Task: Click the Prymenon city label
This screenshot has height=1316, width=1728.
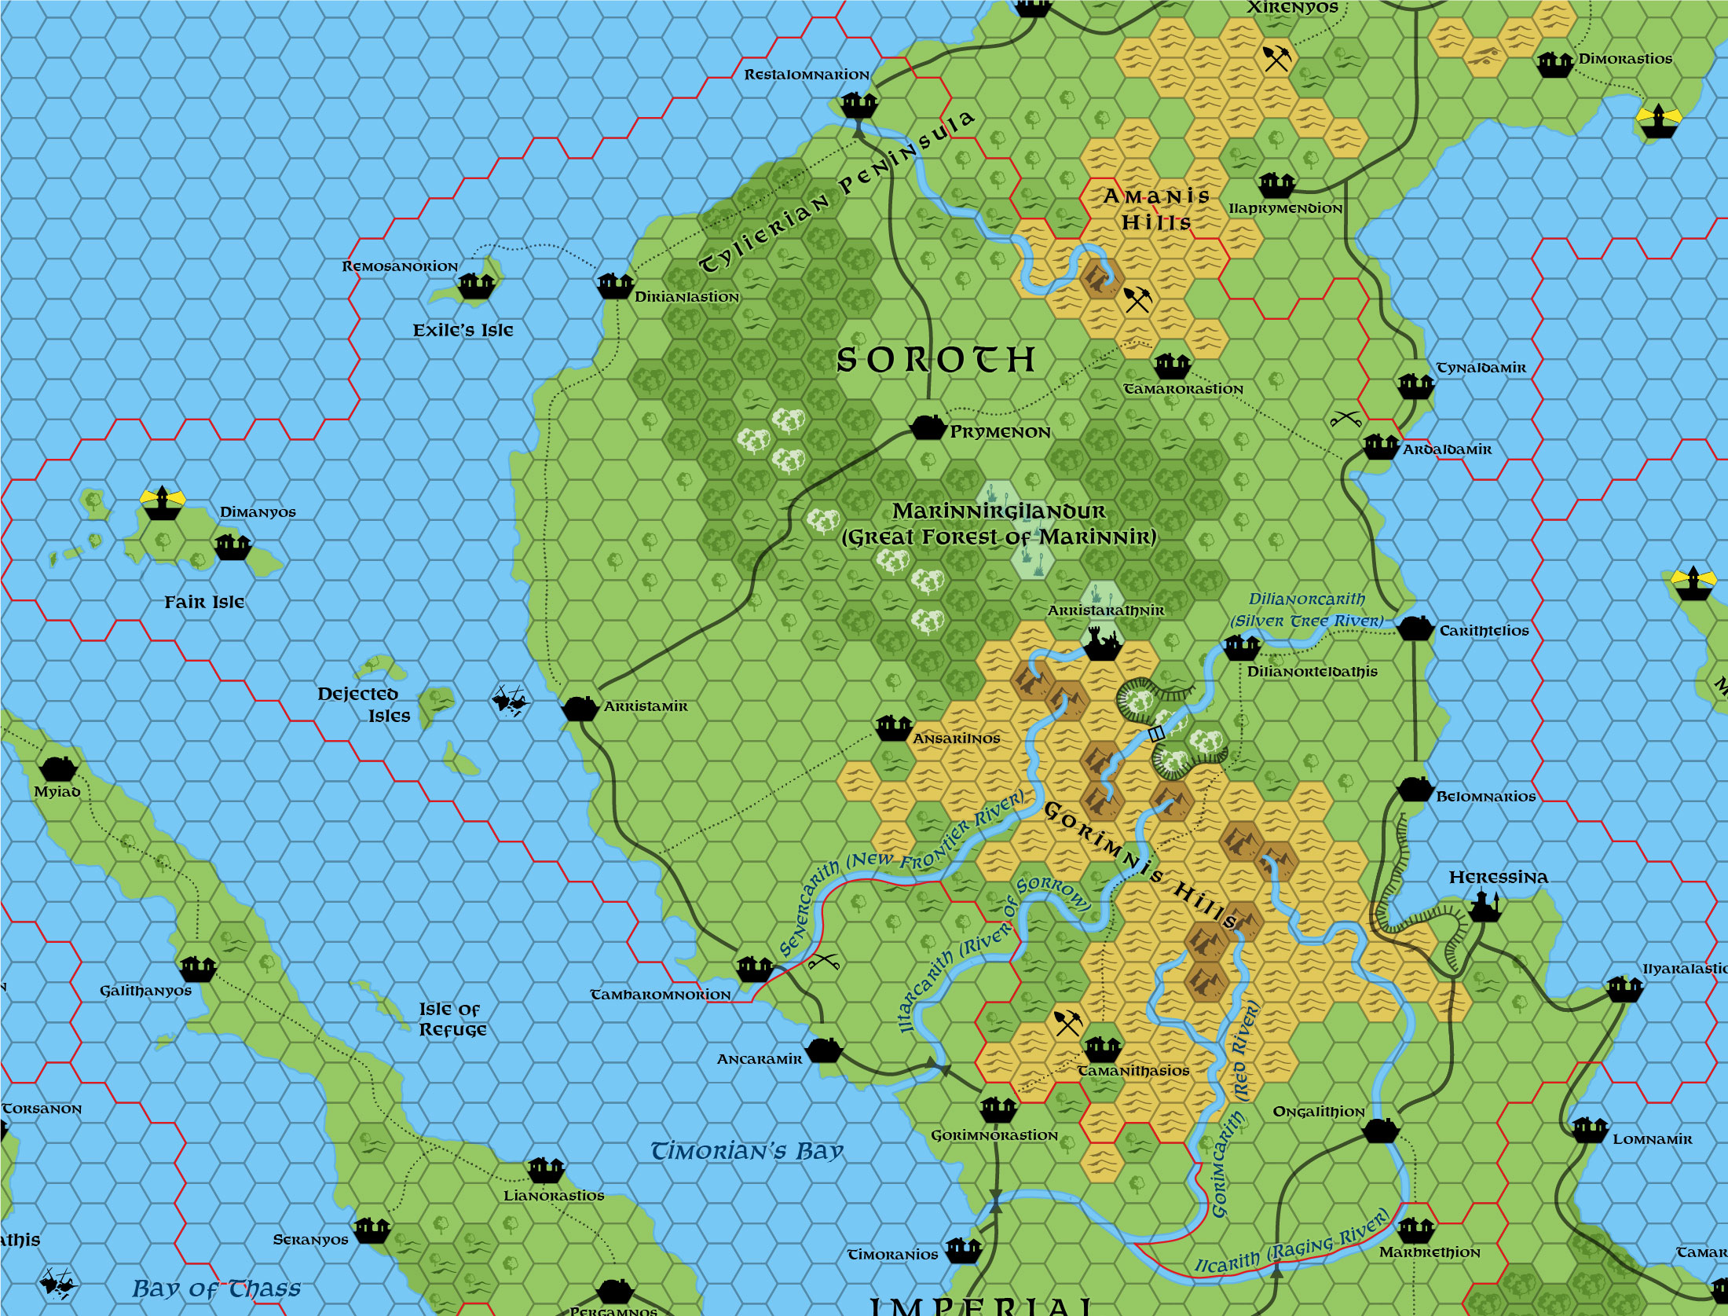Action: point(1000,432)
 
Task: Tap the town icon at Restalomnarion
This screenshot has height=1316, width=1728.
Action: point(858,104)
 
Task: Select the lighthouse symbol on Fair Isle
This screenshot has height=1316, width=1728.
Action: point(162,503)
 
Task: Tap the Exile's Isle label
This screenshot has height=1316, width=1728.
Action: point(463,330)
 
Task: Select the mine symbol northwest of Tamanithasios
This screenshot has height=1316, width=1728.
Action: point(1067,1022)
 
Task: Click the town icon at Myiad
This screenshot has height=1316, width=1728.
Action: point(58,768)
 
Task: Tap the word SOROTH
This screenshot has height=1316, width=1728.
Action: point(936,360)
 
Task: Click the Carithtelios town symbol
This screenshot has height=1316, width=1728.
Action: point(1414,629)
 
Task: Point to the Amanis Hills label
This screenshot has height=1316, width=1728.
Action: point(1156,209)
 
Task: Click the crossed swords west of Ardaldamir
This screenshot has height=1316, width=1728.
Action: point(1345,419)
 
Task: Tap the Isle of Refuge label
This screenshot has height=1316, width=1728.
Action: point(452,1019)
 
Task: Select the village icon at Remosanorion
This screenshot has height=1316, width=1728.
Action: point(476,286)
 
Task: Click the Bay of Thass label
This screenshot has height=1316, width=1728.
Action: point(216,1289)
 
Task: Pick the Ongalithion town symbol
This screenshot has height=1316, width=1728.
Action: point(1380,1131)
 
